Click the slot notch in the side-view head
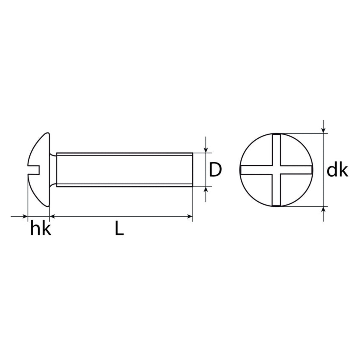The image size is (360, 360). click(x=34, y=170)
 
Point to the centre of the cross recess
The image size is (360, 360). click(x=276, y=170)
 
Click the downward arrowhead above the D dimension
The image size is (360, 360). click(x=205, y=150)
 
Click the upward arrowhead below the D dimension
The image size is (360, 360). click(x=205, y=190)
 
